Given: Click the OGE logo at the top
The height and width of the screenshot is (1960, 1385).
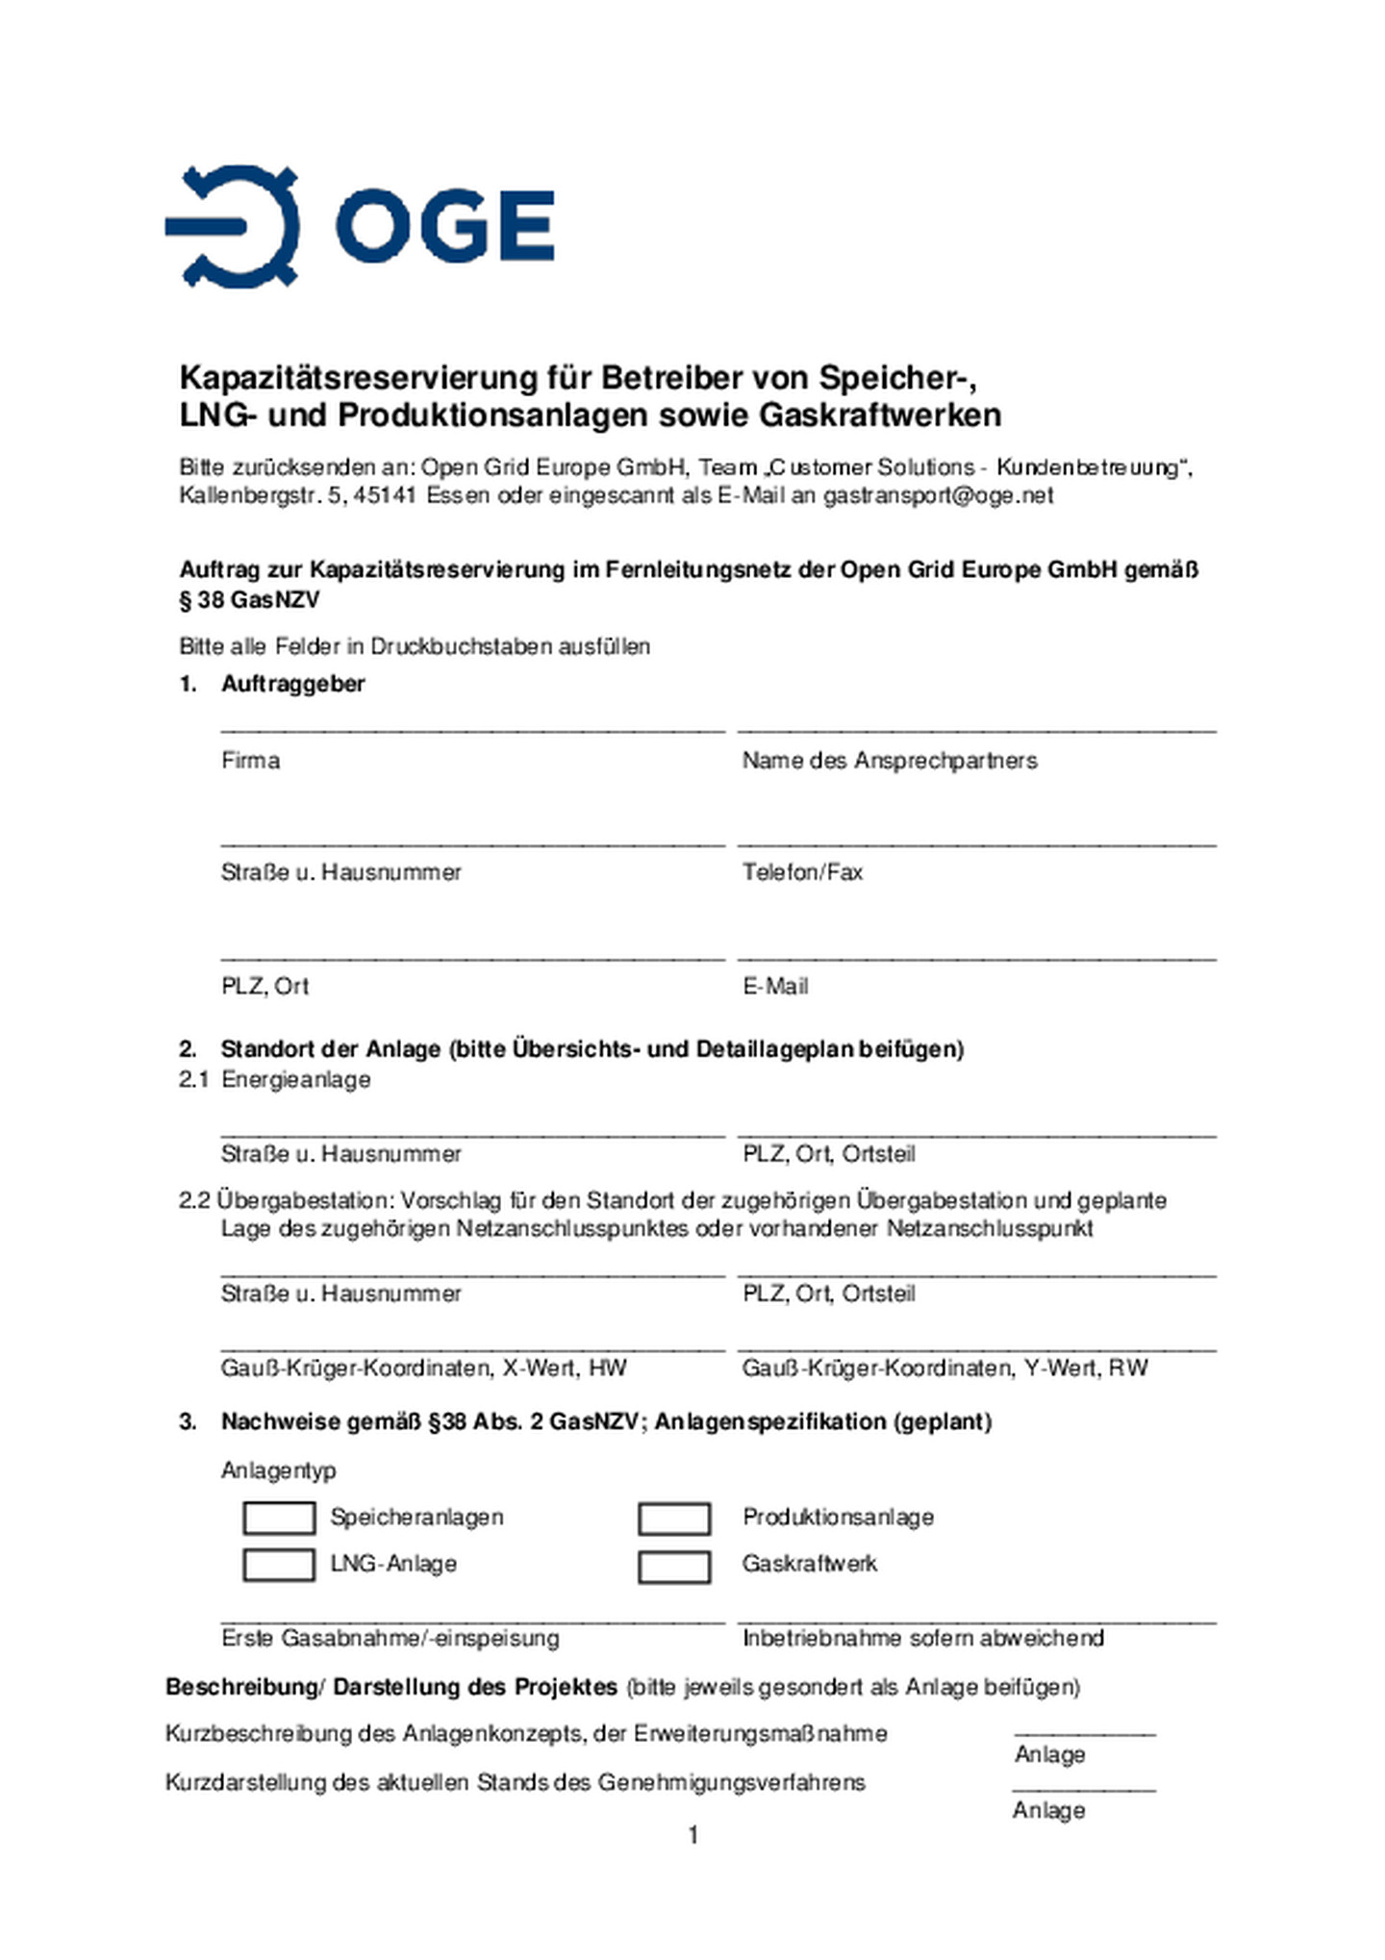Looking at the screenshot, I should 359,227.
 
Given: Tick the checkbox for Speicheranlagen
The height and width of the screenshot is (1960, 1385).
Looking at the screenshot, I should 278,1519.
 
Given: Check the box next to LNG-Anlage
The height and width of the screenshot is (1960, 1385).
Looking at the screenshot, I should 278,1565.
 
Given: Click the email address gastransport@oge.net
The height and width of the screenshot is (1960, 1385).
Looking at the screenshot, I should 938,495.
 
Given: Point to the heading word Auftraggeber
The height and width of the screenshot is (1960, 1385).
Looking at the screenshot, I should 293,684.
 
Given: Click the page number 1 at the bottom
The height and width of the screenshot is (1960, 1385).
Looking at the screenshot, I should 693,1836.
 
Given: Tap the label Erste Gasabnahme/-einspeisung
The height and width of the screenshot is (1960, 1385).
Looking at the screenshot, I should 390,1638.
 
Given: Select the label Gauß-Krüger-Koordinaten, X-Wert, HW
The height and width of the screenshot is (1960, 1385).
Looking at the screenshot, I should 423,1368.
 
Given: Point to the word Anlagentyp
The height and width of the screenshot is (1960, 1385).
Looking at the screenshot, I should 279,1470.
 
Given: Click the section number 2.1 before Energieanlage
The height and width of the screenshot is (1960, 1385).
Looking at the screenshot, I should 193,1079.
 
